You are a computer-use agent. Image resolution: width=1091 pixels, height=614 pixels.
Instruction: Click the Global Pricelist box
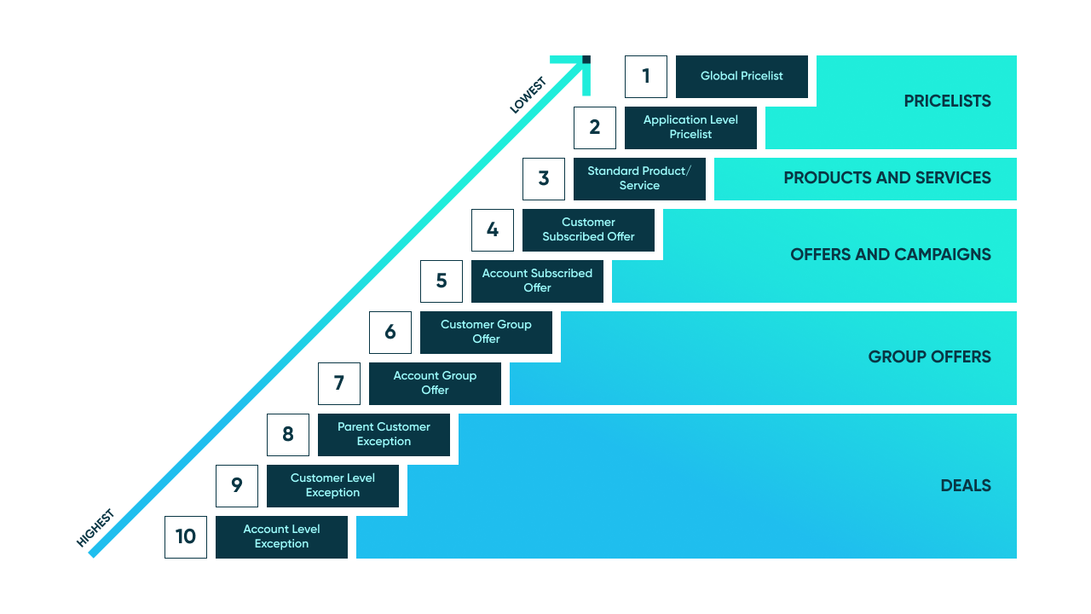(x=742, y=77)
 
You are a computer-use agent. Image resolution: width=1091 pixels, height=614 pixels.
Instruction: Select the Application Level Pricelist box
(x=690, y=128)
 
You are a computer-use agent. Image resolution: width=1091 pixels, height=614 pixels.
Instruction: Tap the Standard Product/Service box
(x=639, y=179)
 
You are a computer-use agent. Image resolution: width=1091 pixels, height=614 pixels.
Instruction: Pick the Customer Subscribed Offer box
(x=588, y=230)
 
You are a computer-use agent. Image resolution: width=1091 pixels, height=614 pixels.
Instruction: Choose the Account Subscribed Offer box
(x=537, y=281)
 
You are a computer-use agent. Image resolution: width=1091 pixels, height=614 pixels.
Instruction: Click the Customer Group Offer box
(x=486, y=333)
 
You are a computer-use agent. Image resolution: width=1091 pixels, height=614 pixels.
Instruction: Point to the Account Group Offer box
(x=435, y=384)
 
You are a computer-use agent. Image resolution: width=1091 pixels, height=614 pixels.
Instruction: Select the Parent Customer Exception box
(x=384, y=435)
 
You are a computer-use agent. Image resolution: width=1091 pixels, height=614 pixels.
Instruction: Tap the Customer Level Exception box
(x=332, y=486)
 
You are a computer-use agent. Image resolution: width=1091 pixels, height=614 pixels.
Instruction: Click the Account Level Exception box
(x=281, y=537)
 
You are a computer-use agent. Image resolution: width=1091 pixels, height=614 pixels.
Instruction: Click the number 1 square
(x=646, y=77)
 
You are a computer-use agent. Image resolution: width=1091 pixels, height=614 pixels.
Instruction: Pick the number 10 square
(x=186, y=537)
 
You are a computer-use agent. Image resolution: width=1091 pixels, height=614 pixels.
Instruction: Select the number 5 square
(x=442, y=281)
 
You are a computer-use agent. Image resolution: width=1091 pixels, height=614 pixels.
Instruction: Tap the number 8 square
(x=288, y=435)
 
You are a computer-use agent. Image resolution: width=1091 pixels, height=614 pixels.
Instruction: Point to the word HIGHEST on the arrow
(x=95, y=528)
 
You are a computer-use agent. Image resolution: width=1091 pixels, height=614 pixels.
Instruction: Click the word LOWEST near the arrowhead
(x=528, y=96)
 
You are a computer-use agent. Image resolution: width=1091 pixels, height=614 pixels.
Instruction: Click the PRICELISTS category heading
(x=947, y=101)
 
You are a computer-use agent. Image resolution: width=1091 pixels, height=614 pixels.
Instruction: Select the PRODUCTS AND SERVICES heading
(x=886, y=178)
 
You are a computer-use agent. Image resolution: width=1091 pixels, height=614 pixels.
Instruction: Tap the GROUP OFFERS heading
(x=929, y=357)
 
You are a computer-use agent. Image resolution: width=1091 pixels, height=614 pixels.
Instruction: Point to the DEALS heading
(x=965, y=486)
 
